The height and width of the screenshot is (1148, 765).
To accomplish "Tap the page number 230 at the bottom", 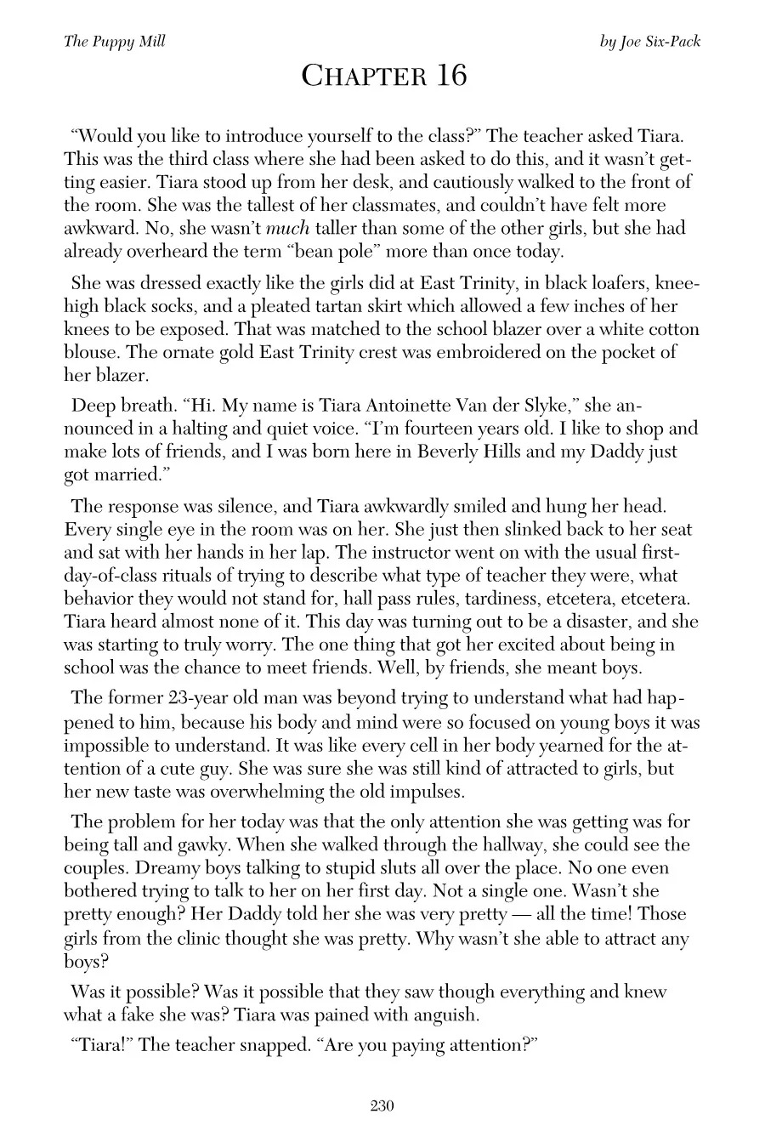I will pos(382,1105).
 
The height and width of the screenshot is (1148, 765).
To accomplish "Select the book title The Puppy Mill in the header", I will pos(114,42).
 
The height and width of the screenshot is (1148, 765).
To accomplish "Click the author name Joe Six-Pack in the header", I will pos(661,42).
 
